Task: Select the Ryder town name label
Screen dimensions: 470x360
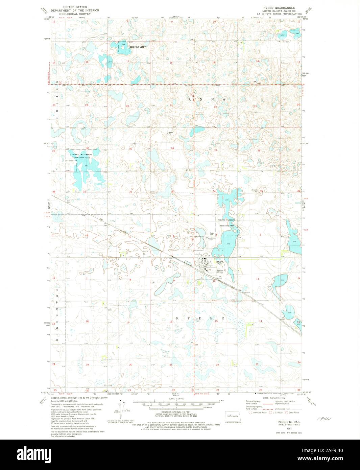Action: pyautogui.click(x=219, y=271)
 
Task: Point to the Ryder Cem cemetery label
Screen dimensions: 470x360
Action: pyautogui.click(x=212, y=234)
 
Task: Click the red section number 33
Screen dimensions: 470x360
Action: pyautogui.click(x=173, y=192)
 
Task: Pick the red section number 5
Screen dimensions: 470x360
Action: pyautogui.click(x=130, y=238)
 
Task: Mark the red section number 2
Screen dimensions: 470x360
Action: pyautogui.click(x=260, y=234)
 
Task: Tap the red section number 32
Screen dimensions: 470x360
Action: pyautogui.click(x=130, y=192)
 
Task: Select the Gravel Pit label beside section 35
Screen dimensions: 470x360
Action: pyautogui.click(x=255, y=190)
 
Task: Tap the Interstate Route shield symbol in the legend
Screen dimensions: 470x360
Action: pyautogui.click(x=250, y=413)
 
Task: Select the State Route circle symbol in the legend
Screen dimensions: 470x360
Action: pyautogui.click(x=287, y=413)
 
